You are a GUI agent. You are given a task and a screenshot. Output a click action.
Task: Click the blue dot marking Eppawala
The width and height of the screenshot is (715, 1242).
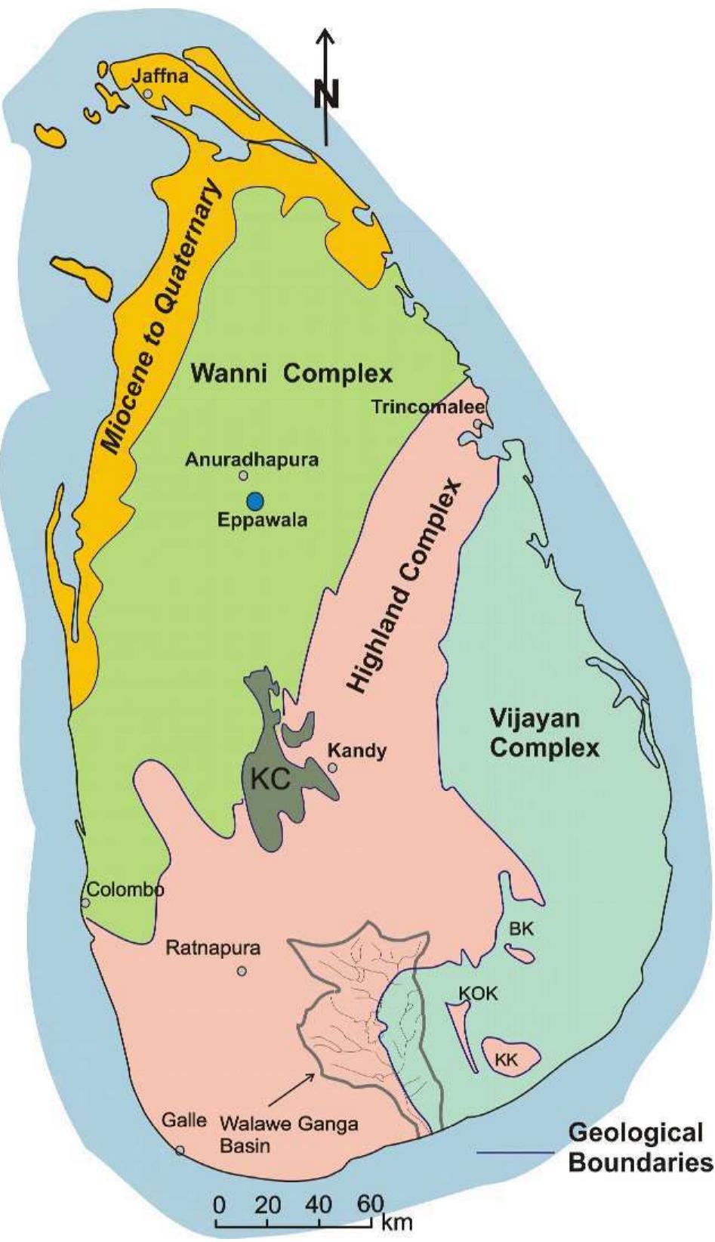pos(255,500)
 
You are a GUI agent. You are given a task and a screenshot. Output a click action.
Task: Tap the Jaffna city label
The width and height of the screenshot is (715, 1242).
pos(160,76)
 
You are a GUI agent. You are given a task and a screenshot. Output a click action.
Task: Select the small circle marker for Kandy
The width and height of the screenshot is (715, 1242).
pos(333,768)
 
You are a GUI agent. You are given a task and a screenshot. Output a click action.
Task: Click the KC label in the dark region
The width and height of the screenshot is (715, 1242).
pos(270,780)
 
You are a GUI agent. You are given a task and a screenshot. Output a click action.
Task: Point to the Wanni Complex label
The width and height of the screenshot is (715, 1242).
pos(291,373)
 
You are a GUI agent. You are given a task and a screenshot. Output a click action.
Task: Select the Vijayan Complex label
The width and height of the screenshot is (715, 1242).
pos(544,733)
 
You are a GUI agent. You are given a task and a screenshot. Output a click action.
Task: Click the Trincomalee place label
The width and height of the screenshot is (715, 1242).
pos(428,407)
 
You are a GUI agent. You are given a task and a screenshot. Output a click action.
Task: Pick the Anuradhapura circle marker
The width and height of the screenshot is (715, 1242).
pos(243,475)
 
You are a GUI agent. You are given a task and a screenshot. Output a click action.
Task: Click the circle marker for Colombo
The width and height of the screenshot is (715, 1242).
pos(85,903)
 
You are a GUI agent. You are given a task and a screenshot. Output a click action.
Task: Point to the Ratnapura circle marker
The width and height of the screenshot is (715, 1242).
pos(242,972)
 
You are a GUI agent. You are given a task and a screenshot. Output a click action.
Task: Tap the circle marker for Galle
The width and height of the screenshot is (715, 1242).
pos(180,1151)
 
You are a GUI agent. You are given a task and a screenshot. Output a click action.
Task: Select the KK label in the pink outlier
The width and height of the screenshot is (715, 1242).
pos(507,1060)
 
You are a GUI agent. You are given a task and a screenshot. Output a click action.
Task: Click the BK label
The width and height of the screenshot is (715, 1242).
pos(521,929)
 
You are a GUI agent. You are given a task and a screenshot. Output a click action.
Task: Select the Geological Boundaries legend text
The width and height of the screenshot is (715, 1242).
pos(636,1147)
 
